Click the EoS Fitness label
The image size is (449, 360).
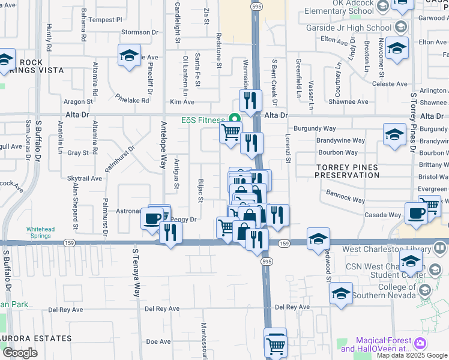tap(202, 120)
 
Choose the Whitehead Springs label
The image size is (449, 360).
tap(43, 233)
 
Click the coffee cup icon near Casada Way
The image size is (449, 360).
tap(415, 213)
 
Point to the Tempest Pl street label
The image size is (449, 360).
tap(104, 20)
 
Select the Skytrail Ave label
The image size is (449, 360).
tap(85, 179)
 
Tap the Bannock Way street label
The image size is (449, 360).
tap(345, 196)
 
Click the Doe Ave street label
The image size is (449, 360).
tap(158, 341)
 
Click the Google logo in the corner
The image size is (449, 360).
tap(20, 353)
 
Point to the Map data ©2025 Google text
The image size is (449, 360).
tap(411, 355)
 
